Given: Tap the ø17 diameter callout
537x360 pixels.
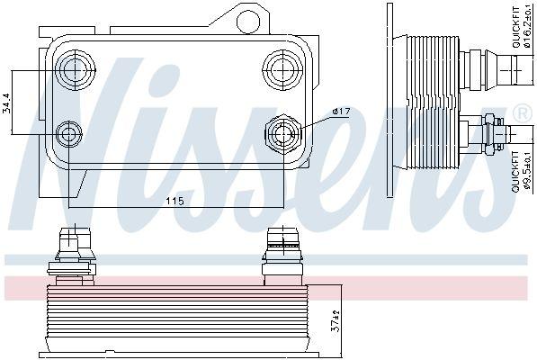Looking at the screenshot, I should [340, 112].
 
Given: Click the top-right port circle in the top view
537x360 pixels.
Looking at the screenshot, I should [278, 66].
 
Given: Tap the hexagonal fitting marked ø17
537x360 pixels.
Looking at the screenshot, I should [280, 134].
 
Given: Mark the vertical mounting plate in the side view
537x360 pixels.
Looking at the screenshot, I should [389, 99].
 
